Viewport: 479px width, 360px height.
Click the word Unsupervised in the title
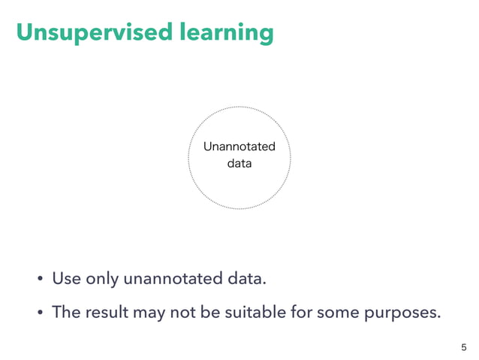tap(91, 33)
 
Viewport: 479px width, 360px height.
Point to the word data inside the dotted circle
tap(239, 162)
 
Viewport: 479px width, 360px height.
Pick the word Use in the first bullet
tap(66, 280)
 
